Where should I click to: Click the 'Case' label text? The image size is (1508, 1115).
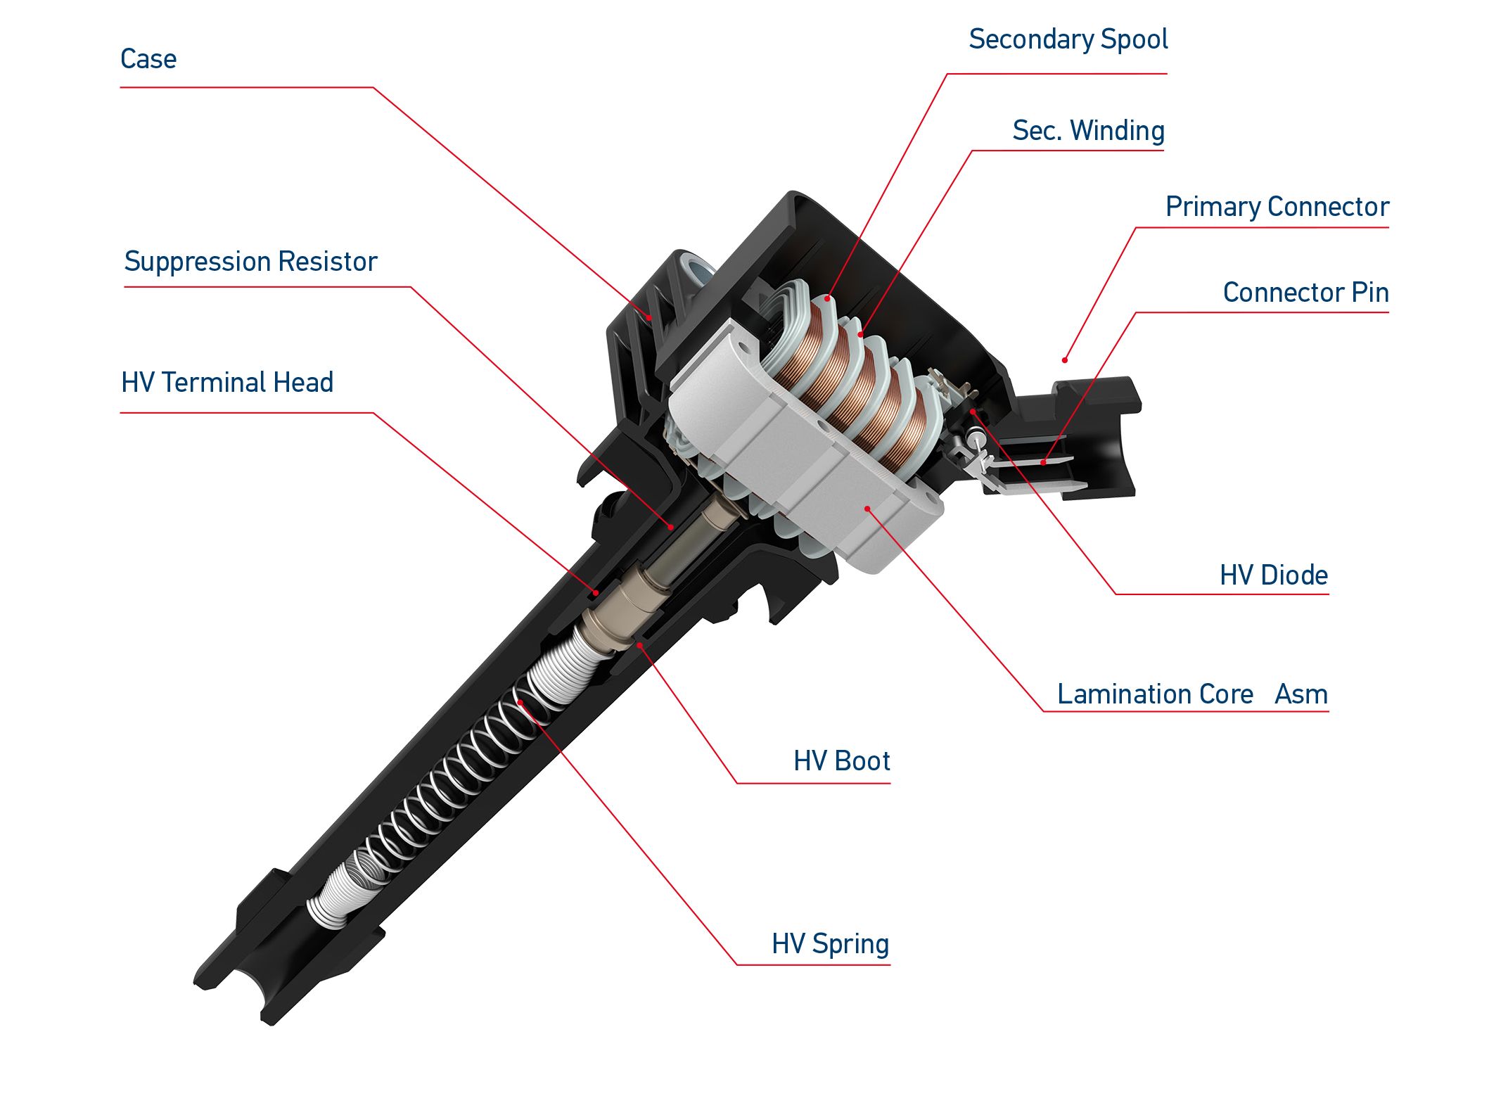tap(148, 59)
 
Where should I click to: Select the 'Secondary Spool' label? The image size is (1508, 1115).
tap(1068, 40)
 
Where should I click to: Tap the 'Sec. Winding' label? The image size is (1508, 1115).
tap(1088, 132)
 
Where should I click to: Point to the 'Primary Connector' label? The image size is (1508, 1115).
tap(1277, 208)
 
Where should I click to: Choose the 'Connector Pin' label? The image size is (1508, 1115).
tap(1305, 293)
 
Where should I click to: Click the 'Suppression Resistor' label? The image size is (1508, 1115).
tap(250, 262)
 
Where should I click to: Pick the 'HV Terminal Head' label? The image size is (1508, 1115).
tap(226, 383)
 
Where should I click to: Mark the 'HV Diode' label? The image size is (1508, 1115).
tap(1274, 575)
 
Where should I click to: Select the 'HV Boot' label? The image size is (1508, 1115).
tap(841, 761)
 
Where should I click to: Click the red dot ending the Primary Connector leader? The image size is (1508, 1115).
tap(1065, 360)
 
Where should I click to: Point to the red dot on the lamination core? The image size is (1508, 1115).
tap(868, 509)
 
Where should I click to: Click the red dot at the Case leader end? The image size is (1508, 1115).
tap(650, 317)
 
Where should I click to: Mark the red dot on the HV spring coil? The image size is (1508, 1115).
tap(520, 702)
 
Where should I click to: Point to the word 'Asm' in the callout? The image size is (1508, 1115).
tap(1301, 694)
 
